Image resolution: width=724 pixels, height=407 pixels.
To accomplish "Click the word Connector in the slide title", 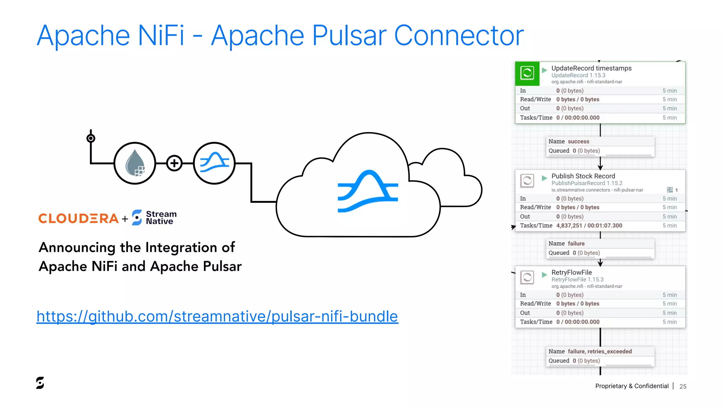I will coord(459,36).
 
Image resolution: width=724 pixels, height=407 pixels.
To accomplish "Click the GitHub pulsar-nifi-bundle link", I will coord(217,317).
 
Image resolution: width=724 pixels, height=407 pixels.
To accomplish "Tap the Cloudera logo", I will coord(78,218).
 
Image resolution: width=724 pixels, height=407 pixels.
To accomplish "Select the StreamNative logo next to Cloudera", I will coord(154,218).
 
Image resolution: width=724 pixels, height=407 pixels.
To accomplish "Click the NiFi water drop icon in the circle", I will coord(135,163).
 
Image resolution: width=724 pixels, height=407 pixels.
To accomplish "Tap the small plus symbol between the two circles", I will coord(174,163).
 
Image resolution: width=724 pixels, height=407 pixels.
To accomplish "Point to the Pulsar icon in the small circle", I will coord(214,163).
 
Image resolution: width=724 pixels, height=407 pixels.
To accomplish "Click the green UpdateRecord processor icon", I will coord(527,73).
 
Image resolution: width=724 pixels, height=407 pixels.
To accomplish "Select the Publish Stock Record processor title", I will coord(583,176).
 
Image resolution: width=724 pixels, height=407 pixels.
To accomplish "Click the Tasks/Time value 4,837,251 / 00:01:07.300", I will coord(589,225).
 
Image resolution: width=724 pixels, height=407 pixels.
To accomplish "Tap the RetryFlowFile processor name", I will coord(571,272).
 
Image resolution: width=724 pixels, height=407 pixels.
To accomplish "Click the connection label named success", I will coord(578,141).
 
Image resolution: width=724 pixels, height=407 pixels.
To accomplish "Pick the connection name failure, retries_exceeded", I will coord(600,351).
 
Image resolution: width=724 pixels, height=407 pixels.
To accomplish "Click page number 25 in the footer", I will coord(683,387).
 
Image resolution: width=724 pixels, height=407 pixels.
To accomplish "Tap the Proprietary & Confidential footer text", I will coord(632,386).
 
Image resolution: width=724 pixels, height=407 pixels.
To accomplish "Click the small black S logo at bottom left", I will coord(40,383).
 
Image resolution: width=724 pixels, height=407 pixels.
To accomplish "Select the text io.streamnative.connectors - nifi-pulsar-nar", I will coord(597,190).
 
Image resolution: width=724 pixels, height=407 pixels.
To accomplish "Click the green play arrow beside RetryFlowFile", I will coord(544,275).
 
